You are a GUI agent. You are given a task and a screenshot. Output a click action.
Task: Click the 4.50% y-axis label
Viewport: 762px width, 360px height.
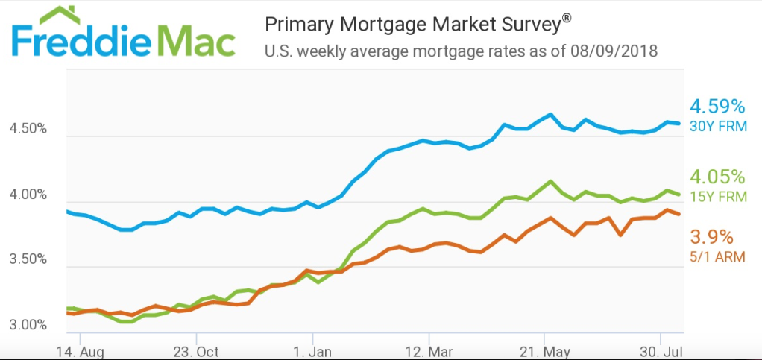(28, 129)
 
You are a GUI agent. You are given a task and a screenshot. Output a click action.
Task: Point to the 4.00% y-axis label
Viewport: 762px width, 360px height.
(28, 195)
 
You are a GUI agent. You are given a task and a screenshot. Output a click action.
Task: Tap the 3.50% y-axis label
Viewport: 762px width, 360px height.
(28, 260)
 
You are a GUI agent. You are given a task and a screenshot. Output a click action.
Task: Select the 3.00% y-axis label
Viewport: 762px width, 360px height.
(28, 326)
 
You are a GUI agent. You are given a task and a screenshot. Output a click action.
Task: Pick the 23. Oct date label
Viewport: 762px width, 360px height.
(197, 351)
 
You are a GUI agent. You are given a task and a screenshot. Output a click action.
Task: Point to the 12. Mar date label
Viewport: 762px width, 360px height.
(429, 351)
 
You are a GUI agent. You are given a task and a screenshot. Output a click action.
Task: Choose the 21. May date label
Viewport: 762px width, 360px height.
(544, 351)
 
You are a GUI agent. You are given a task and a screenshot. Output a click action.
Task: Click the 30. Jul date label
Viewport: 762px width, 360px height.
(661, 351)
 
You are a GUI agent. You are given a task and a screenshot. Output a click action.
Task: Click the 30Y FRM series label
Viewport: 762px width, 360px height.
(717, 126)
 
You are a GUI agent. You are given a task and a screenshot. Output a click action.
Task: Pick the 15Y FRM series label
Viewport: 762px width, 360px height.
(717, 197)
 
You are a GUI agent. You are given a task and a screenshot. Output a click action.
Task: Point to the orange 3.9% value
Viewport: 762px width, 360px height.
(712, 238)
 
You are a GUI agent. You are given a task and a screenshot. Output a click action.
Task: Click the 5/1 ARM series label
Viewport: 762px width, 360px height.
(717, 257)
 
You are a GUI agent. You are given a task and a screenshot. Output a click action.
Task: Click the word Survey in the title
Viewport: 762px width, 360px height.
(520, 25)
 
